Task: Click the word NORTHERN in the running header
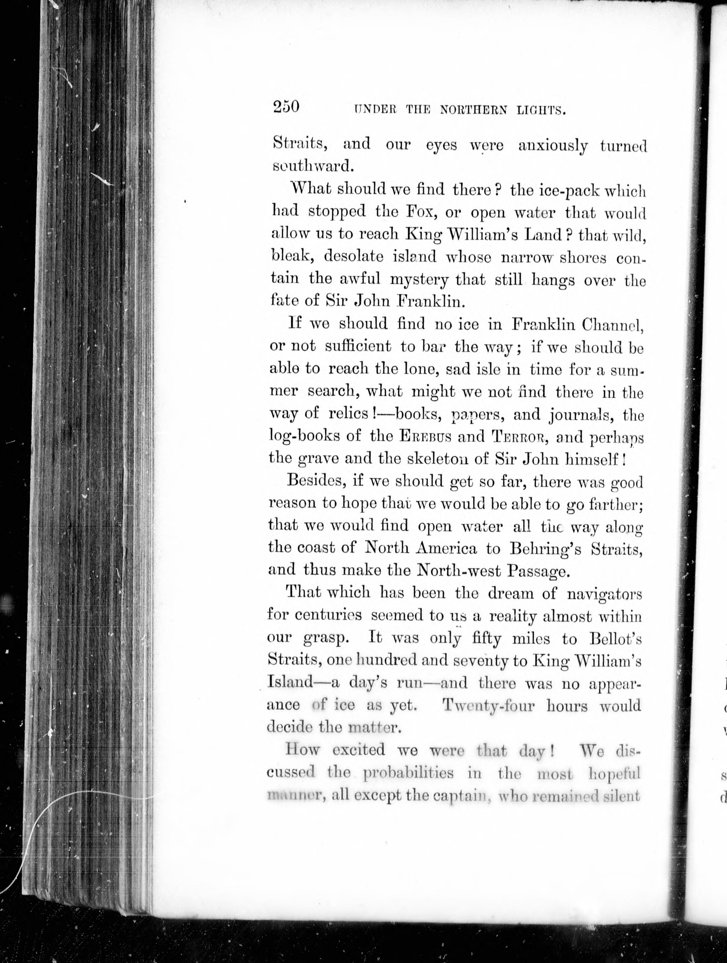473,110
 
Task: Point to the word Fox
413,212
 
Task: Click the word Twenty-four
488,706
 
